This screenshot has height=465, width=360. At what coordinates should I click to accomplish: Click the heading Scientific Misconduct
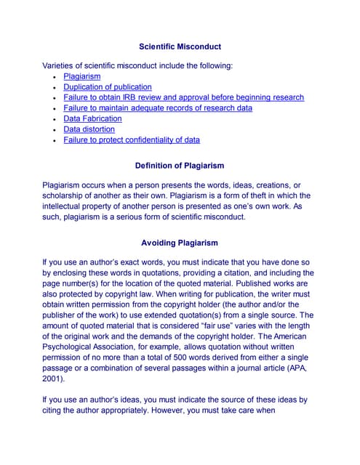click(x=180, y=46)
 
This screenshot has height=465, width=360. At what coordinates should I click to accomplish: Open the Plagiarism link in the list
click(x=81, y=76)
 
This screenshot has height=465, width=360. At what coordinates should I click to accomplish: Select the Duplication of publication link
click(x=108, y=87)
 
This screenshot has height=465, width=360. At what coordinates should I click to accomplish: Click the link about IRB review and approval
click(x=183, y=97)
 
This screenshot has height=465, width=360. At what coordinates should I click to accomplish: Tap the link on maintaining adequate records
click(x=158, y=108)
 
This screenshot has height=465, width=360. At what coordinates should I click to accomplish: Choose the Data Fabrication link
click(x=92, y=118)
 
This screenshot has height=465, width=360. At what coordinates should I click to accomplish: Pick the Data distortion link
click(x=89, y=129)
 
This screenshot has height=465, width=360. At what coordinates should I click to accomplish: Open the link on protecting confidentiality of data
click(x=132, y=139)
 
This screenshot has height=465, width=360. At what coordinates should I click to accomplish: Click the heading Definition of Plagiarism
click(x=180, y=166)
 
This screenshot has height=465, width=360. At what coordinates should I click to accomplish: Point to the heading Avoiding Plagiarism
click(x=180, y=243)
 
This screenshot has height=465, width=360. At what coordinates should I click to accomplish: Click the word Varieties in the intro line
click(x=61, y=66)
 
